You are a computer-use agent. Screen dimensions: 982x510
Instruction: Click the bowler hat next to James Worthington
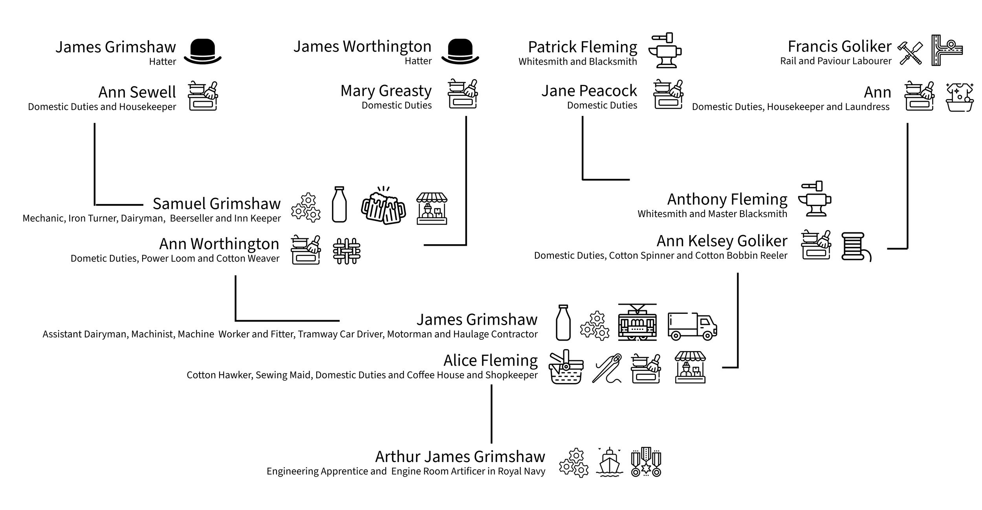460,51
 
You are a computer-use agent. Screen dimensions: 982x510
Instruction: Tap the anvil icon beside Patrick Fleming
665,51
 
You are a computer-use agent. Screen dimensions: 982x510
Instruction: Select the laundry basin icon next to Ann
960,97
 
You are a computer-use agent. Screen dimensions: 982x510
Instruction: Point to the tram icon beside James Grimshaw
637,322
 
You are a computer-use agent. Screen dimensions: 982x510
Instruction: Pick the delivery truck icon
692,326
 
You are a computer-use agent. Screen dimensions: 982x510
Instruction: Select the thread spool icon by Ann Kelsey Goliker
856,247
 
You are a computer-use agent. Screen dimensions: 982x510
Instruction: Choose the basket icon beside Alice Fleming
566,367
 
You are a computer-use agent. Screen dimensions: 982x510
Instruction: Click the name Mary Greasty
386,91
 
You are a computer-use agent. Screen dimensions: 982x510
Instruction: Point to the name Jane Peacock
589,91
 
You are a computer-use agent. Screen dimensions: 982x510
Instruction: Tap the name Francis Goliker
839,47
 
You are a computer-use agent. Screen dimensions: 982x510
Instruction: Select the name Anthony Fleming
727,199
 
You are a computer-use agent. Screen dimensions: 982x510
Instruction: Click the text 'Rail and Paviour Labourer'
835,61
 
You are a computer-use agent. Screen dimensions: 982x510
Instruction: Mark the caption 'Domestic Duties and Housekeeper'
102,107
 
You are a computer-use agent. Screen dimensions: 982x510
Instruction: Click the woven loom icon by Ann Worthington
346,251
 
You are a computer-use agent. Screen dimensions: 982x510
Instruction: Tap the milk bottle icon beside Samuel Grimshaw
339,204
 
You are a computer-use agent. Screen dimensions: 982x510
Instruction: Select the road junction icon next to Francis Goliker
946,51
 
